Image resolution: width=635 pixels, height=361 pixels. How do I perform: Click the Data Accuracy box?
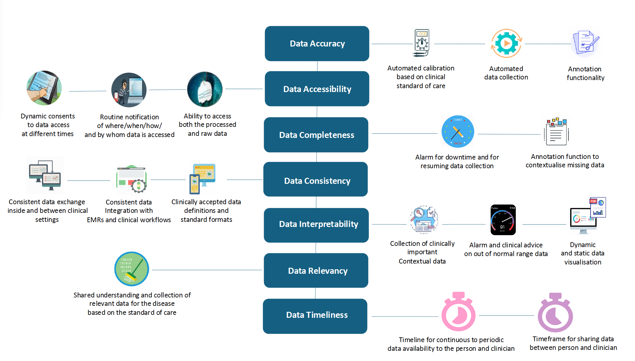click(x=317, y=44)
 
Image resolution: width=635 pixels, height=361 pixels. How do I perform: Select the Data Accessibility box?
click(x=317, y=89)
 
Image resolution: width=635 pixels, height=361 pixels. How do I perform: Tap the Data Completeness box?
click(x=316, y=135)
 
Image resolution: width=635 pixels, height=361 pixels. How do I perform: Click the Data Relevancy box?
click(x=316, y=270)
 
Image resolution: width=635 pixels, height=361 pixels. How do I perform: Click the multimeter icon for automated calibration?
click(x=422, y=43)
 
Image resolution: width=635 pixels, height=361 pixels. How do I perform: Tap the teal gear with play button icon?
click(x=507, y=43)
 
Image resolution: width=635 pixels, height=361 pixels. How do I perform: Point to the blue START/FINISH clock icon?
click(x=458, y=132)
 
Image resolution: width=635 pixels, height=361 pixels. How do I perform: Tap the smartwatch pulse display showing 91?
click(x=503, y=220)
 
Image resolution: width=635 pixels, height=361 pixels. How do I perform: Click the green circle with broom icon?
click(x=132, y=269)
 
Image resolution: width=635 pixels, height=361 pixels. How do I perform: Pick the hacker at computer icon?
click(x=129, y=90)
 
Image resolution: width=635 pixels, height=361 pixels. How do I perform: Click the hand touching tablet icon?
click(x=44, y=88)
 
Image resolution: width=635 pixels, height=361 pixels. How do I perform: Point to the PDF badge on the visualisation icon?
click(x=593, y=201)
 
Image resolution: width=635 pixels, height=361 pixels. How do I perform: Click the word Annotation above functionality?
click(x=585, y=69)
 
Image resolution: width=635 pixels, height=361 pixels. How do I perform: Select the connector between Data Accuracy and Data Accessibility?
click(x=317, y=66)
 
